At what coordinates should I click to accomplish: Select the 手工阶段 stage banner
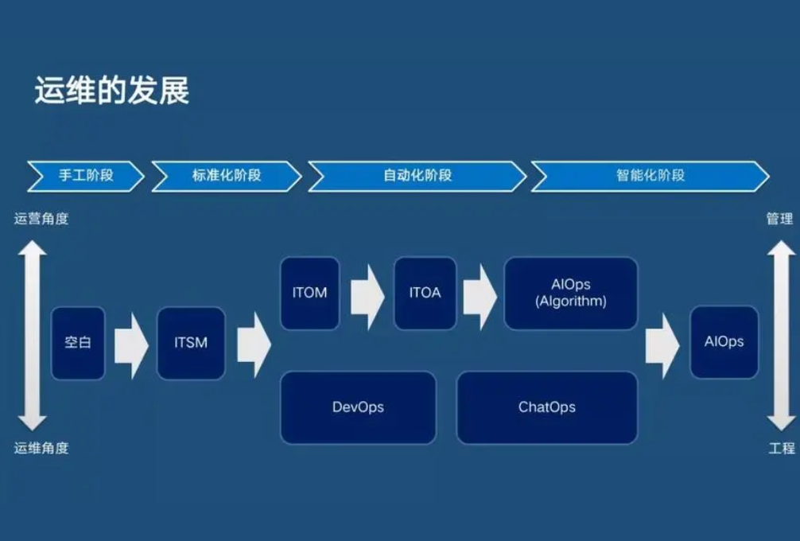[86, 175]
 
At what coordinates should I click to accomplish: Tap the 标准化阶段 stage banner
[227, 175]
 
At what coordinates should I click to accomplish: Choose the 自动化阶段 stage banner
[417, 175]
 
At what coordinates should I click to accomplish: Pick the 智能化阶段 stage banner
[650, 175]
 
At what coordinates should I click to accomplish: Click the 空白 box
[78, 343]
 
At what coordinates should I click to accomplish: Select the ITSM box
[191, 343]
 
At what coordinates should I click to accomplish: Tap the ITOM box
[309, 293]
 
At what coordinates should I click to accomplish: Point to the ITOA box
[425, 293]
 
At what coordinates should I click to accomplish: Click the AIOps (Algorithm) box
[570, 293]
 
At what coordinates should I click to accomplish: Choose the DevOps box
[358, 407]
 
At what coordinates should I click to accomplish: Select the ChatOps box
[546, 407]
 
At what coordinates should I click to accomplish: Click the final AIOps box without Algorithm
[724, 342]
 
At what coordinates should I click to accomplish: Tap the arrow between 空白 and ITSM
[131, 344]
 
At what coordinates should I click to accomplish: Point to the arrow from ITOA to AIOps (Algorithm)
[480, 294]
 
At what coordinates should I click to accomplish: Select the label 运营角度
[41, 219]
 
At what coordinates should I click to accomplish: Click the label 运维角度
[41, 448]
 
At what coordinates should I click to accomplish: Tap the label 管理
[779, 219]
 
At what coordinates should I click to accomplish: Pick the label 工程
[781, 448]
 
